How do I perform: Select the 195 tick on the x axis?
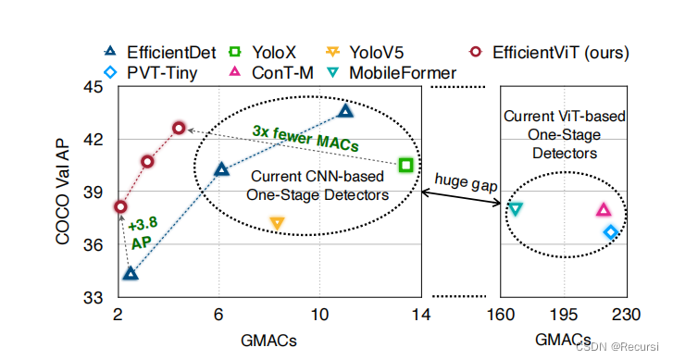[x=563, y=316]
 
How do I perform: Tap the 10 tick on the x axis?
[x=320, y=316]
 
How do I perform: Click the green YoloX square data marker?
[x=405, y=165]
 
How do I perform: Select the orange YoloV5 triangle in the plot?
[x=276, y=223]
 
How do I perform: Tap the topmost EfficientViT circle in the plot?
[x=179, y=128]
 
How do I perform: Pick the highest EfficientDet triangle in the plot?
[x=345, y=111]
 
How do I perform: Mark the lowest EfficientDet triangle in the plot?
[x=130, y=273]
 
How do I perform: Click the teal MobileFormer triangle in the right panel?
[x=516, y=209]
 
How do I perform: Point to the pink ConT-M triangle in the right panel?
[x=603, y=210]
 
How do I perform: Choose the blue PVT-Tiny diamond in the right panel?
[x=611, y=231]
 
